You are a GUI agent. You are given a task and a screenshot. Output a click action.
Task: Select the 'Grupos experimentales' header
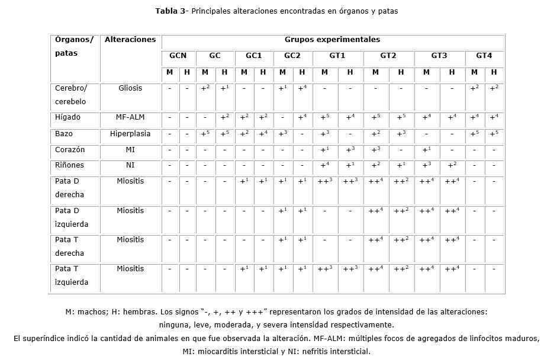click(x=332, y=40)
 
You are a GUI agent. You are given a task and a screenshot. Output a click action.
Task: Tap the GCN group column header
click(x=178, y=56)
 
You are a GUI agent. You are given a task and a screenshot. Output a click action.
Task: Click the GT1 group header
click(x=337, y=56)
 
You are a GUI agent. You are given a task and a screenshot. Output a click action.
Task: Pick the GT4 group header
click(x=484, y=56)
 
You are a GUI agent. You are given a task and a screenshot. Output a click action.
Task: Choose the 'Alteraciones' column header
click(x=130, y=40)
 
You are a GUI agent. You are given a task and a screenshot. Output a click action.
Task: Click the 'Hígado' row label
click(x=67, y=117)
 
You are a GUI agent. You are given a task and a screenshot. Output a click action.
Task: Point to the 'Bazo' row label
click(x=64, y=134)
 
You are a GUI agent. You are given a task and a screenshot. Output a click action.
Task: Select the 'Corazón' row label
click(x=70, y=150)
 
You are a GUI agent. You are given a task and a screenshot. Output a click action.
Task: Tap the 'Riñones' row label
click(x=69, y=166)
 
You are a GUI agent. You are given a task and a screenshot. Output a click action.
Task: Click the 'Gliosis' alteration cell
click(x=130, y=88)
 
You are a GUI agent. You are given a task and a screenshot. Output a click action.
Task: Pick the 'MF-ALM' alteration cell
click(x=130, y=117)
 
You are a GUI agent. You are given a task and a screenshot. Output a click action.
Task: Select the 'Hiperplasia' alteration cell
click(x=130, y=134)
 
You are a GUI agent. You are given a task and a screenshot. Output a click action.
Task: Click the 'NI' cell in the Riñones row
click(x=130, y=166)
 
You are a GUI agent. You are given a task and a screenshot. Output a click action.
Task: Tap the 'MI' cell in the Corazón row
click(x=130, y=150)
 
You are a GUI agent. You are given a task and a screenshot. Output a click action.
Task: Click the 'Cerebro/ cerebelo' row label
click(x=71, y=94)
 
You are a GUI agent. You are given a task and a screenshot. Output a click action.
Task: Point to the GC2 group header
click(x=292, y=56)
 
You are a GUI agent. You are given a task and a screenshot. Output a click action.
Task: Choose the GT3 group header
click(x=439, y=56)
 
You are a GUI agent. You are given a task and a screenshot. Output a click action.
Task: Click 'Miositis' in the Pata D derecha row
click(x=130, y=181)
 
